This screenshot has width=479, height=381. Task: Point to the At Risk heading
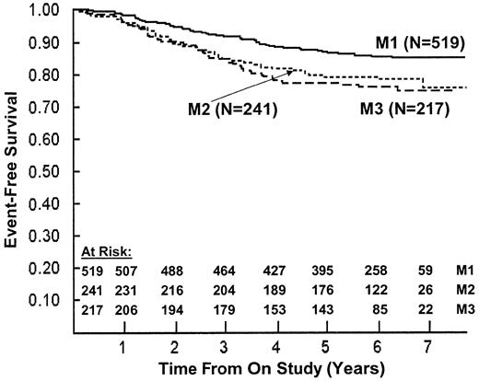pos(97,249)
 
